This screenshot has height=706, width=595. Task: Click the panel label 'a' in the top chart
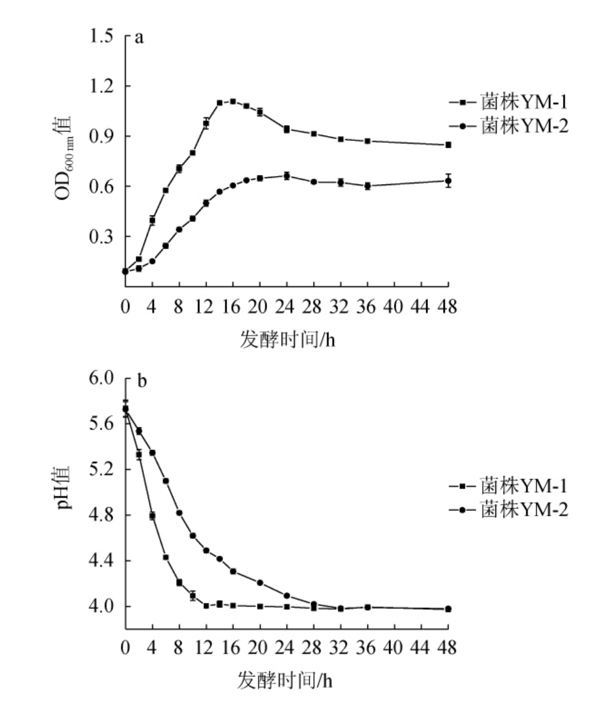(139, 38)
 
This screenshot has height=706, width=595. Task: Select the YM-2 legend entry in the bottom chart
(508, 509)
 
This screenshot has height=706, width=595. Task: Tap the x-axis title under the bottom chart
(287, 681)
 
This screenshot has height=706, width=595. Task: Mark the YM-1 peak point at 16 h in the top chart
(232, 102)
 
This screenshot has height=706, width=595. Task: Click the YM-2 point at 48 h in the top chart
(448, 180)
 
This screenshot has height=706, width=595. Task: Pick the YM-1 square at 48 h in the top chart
(448, 145)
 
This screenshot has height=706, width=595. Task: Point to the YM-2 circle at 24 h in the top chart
(286, 176)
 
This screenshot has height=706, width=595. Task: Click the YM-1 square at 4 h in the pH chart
(153, 516)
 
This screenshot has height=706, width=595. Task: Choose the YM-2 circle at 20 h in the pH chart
(260, 583)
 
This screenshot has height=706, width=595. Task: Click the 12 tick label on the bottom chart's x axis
(206, 649)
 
